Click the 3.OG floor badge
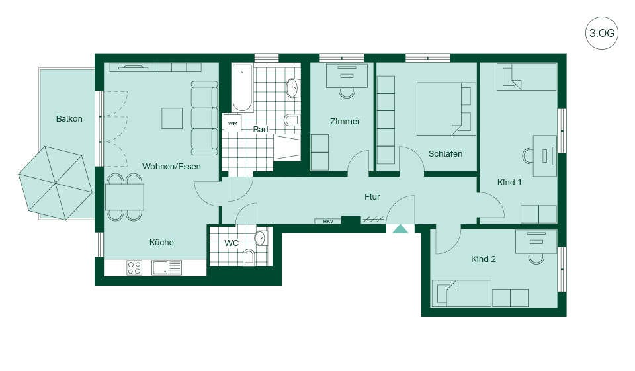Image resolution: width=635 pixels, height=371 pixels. pyautogui.click(x=601, y=33)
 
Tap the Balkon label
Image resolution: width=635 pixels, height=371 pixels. pyautogui.click(x=69, y=118)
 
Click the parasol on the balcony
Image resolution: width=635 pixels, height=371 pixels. pyautogui.click(x=55, y=183)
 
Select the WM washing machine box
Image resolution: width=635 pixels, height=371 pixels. pyautogui.click(x=232, y=123)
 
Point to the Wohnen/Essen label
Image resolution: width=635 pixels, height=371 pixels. pyautogui.click(x=171, y=166)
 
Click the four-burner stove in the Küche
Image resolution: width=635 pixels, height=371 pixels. pyautogui.click(x=134, y=267)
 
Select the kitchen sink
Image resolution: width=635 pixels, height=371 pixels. pyautogui.click(x=167, y=267)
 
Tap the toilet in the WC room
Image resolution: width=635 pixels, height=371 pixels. pyautogui.click(x=249, y=257)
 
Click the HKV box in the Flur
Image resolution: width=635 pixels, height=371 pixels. pyautogui.click(x=328, y=221)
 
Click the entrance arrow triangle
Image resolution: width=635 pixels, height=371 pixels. pyautogui.click(x=401, y=229)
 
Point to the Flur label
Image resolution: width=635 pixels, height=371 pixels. pyautogui.click(x=372, y=197)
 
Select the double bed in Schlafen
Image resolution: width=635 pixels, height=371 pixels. pyautogui.click(x=446, y=108)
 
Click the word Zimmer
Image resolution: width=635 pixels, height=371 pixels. pyautogui.click(x=345, y=121)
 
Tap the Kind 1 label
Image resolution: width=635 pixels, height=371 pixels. pyautogui.click(x=509, y=183)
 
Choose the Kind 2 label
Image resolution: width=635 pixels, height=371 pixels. pyautogui.click(x=483, y=259)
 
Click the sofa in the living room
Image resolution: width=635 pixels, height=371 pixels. pyautogui.click(x=204, y=118)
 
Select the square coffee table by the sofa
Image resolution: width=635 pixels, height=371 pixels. pyautogui.click(x=172, y=118)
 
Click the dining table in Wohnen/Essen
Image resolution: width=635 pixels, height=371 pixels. pyautogui.click(x=125, y=197)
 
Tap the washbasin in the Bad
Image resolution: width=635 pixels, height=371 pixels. pyautogui.click(x=292, y=89)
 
